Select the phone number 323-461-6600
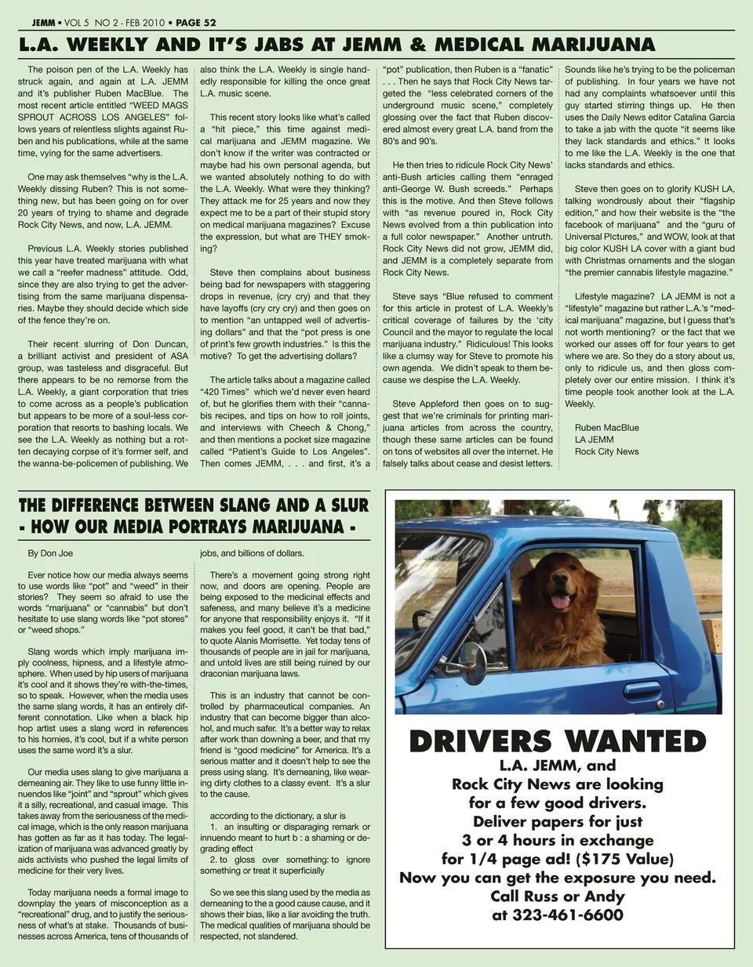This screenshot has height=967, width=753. point(558,914)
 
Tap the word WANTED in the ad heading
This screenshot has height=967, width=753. point(635,741)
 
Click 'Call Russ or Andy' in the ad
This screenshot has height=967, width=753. point(558,896)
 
